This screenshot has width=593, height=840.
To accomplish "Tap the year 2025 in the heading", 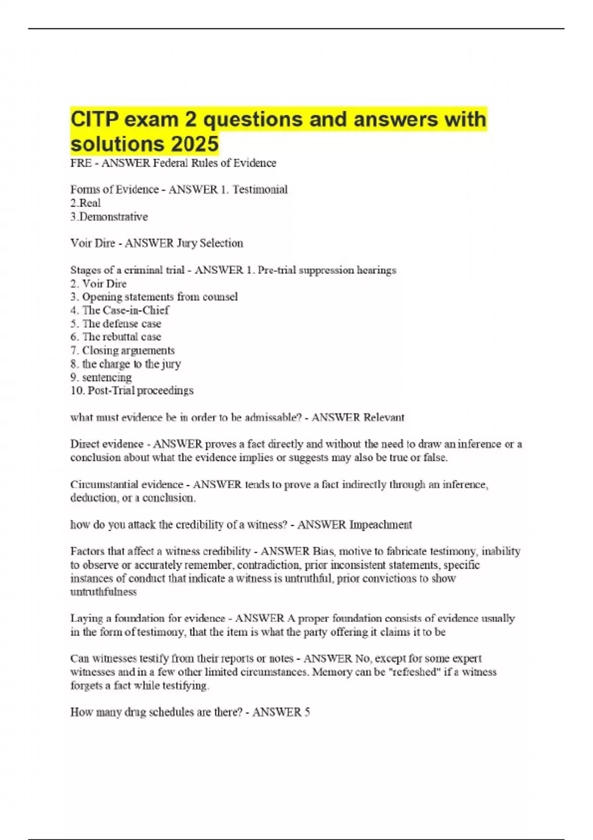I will pyautogui.click(x=195, y=144).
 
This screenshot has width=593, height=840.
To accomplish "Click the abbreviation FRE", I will pyautogui.click(x=81, y=163).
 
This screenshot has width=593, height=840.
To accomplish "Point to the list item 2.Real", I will pyautogui.click(x=85, y=203).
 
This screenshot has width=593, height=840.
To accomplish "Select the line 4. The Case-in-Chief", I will pyautogui.click(x=120, y=310).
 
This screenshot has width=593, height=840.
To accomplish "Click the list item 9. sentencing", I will pyautogui.click(x=101, y=378).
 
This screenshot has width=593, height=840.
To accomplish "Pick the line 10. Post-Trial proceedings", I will pyautogui.click(x=132, y=390).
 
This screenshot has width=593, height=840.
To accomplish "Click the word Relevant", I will pyautogui.click(x=384, y=418).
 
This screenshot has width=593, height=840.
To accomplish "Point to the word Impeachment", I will pyautogui.click(x=381, y=525).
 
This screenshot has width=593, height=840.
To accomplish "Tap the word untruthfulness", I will pyautogui.click(x=103, y=592).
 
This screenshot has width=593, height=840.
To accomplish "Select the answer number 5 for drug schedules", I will pyautogui.click(x=307, y=712).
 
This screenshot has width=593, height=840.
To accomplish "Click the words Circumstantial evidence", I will pyautogui.click(x=127, y=484).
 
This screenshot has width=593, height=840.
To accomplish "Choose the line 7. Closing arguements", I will pyautogui.click(x=123, y=350).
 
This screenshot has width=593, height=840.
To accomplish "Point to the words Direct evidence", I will pyautogui.click(x=107, y=444).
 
